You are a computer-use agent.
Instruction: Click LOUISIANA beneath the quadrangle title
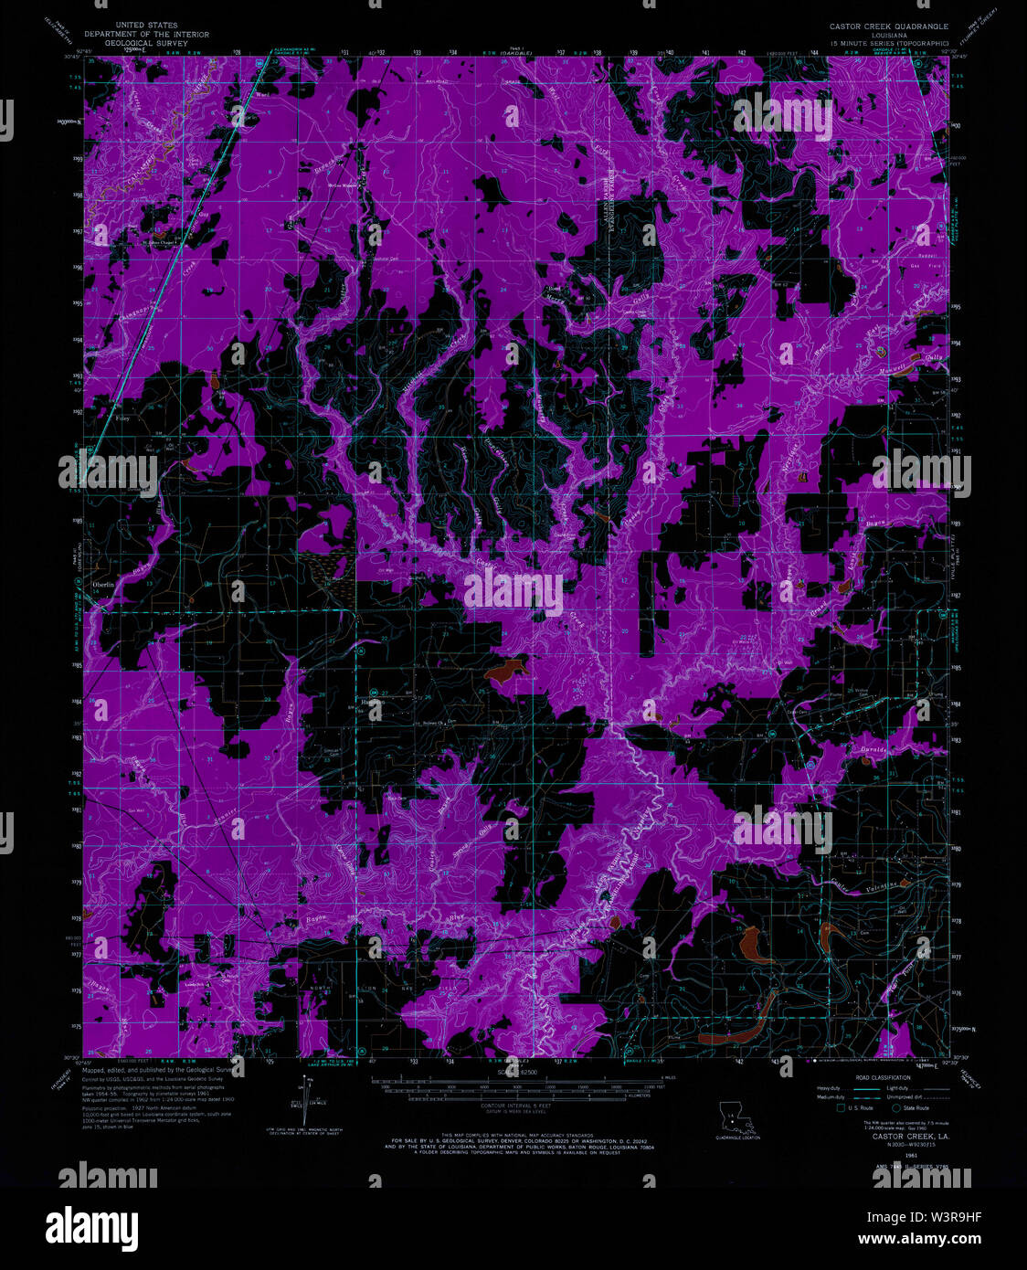887,35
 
